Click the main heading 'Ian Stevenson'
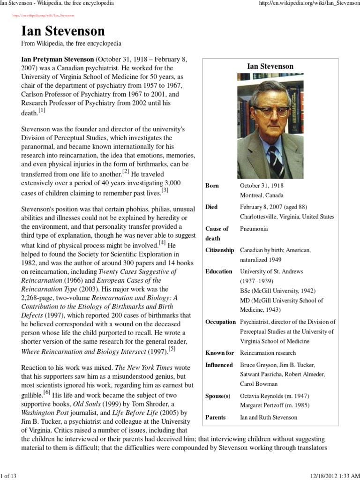63,31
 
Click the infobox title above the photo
270,66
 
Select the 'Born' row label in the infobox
212,186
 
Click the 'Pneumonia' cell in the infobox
254,229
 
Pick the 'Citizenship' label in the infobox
219,250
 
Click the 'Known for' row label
219,353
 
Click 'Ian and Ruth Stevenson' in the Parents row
268,417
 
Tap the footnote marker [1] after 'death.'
42,111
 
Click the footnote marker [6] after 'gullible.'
47,392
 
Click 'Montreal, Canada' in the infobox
262,195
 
